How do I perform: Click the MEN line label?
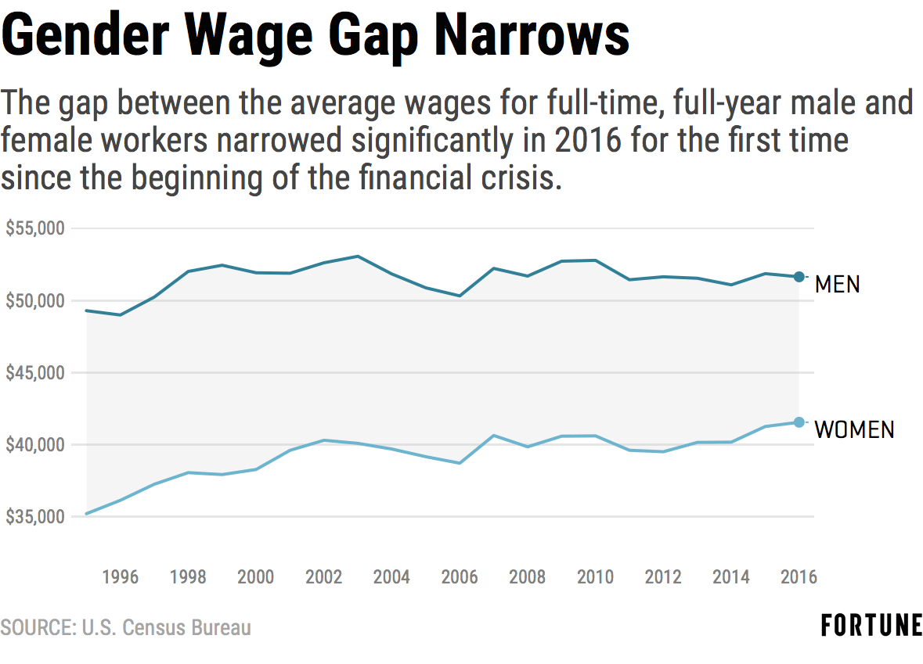tap(837, 284)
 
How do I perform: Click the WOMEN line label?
tap(854, 429)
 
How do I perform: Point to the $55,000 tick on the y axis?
tap(34, 228)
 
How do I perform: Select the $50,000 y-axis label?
tap(34, 300)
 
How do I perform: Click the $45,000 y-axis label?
tap(34, 373)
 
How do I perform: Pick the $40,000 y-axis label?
tap(34, 445)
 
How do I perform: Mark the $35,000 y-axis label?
tap(34, 517)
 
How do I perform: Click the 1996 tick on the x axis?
tap(120, 577)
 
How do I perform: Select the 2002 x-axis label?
tap(323, 577)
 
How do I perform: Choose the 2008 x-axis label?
tap(527, 577)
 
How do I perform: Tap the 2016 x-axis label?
tap(798, 577)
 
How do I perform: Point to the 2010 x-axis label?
tap(595, 577)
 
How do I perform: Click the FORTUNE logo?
tap(871, 626)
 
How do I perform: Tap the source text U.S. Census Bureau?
tap(166, 627)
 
